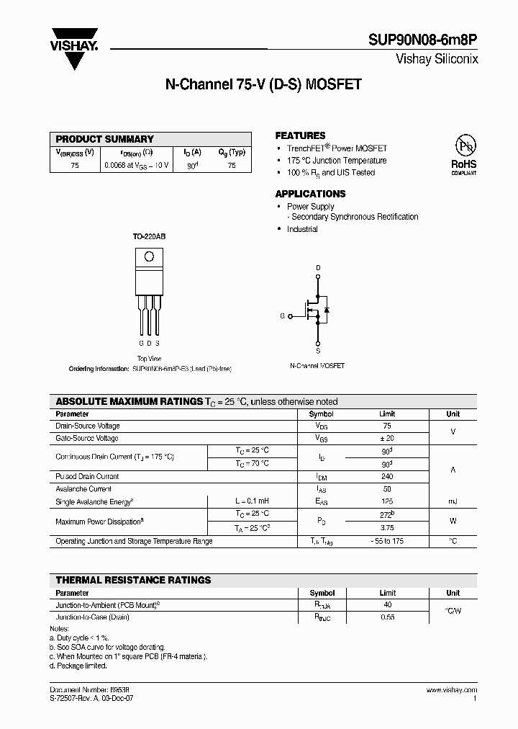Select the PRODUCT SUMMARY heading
tap(105, 139)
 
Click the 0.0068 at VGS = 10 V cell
tap(136, 165)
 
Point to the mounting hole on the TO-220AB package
tap(150, 256)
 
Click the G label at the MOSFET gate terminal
tap(282, 316)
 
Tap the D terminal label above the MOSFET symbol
tap(317, 268)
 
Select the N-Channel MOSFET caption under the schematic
tap(317, 366)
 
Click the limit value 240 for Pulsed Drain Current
tap(387, 476)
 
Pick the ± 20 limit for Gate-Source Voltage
tap(387, 438)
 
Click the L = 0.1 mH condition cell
tap(252, 501)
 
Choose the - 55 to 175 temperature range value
tap(387, 540)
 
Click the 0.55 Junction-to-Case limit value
tap(387, 617)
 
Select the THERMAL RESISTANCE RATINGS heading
tap(134, 580)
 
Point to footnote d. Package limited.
tap(78, 666)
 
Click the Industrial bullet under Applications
tap(302, 229)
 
